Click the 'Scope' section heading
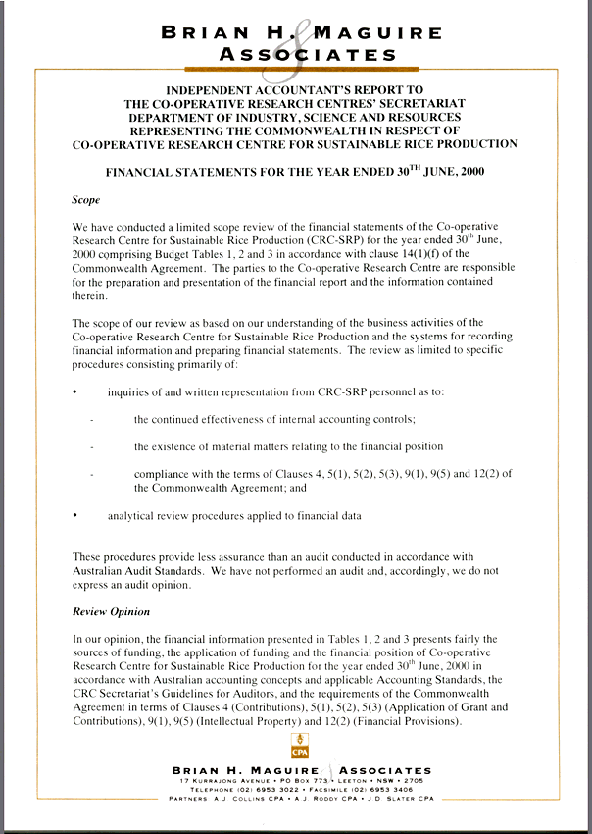(x=86, y=199)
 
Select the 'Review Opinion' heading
(x=111, y=612)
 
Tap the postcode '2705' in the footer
(x=414, y=780)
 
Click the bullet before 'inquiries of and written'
(x=75, y=392)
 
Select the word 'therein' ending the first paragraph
(x=91, y=294)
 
